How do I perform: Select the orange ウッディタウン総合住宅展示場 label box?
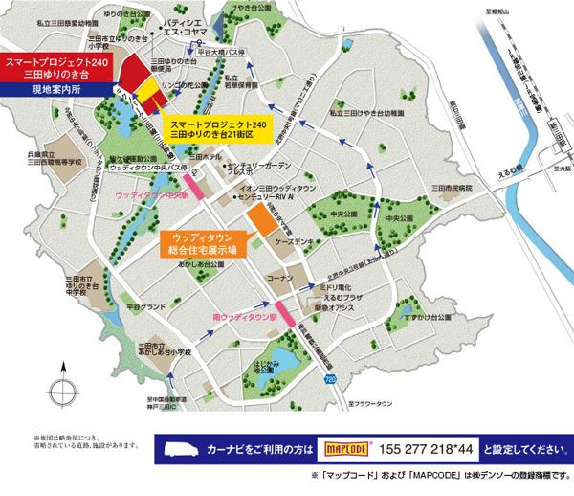(200, 243)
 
